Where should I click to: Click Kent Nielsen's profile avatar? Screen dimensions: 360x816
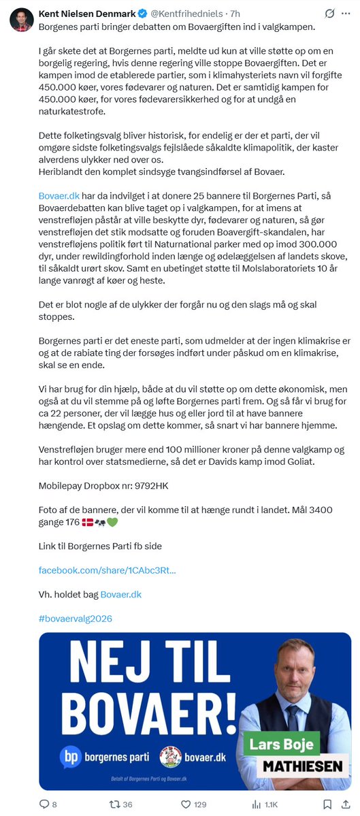click(22, 20)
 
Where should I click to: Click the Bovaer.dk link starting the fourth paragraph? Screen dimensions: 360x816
click(59, 195)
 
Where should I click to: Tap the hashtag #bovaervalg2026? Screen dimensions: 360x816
click(76, 619)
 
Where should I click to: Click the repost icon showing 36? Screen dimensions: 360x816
click(115, 804)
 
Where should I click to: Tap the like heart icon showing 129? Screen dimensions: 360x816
click(185, 804)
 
